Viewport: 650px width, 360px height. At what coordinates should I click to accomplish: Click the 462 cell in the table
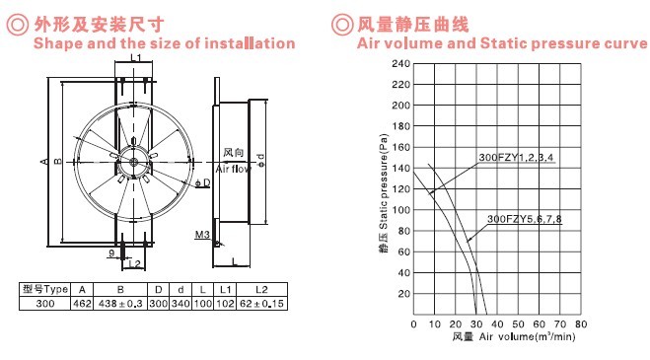click(82, 304)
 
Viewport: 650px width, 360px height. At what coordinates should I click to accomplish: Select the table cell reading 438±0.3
click(120, 304)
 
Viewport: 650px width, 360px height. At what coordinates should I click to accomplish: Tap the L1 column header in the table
click(225, 290)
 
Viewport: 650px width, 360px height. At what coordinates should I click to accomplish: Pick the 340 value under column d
click(181, 304)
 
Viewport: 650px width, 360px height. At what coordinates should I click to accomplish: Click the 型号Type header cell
click(44, 290)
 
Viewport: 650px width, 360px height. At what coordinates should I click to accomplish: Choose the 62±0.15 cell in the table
click(261, 304)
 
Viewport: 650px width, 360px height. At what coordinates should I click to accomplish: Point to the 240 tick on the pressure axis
click(400, 64)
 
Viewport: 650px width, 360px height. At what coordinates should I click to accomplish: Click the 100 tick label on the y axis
click(400, 210)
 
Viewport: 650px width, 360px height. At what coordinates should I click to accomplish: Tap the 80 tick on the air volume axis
click(581, 324)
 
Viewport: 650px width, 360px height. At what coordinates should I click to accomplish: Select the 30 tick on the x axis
click(476, 324)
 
